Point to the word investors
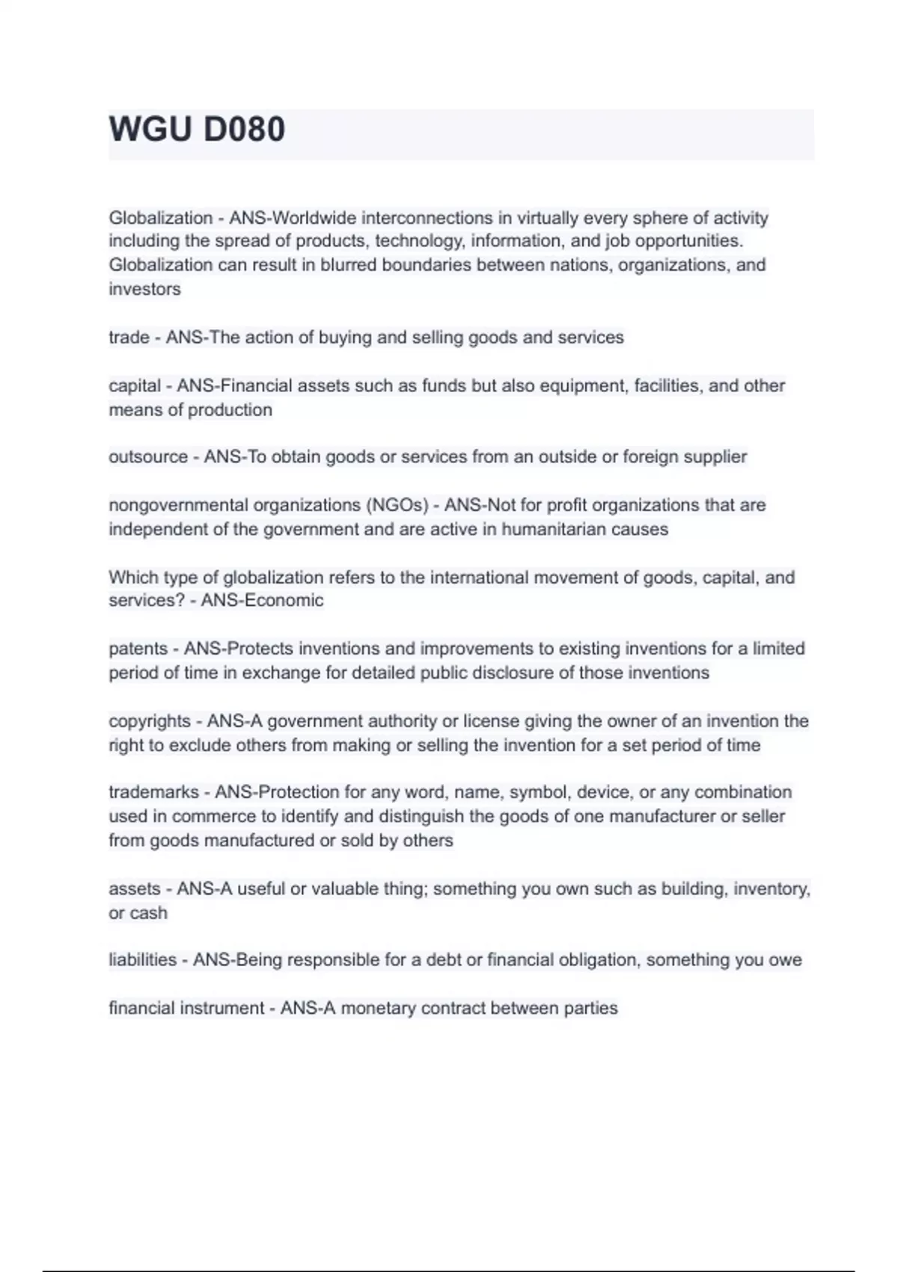[x=144, y=289]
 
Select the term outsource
[x=148, y=456]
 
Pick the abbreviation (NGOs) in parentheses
[x=397, y=505]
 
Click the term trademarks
[x=153, y=792]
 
